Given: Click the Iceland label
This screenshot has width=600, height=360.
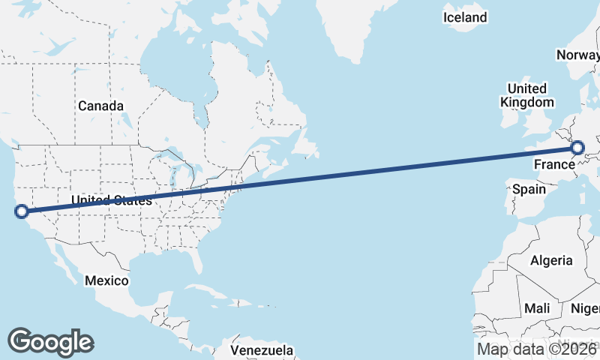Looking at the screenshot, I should pyautogui.click(x=465, y=17).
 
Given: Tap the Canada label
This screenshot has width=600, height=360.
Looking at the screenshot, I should pyautogui.click(x=100, y=106).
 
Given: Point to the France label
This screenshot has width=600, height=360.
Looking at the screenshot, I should pyautogui.click(x=554, y=163).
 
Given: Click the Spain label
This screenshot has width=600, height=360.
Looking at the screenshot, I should pyautogui.click(x=529, y=189).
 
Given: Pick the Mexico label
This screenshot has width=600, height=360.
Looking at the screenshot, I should pyautogui.click(x=106, y=280).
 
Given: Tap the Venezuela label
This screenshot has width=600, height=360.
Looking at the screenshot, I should pyautogui.click(x=262, y=350).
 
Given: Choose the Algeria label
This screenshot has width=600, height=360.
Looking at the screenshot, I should pyautogui.click(x=551, y=261).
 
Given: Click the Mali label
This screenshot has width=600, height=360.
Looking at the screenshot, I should pyautogui.click(x=537, y=308).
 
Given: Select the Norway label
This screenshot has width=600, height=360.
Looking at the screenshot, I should pyautogui.click(x=577, y=55).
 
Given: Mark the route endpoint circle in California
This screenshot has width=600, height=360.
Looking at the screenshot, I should pyautogui.click(x=22, y=211).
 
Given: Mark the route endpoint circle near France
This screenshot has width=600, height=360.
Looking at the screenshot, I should pyautogui.click(x=577, y=148).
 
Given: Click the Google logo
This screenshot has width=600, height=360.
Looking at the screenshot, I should pyautogui.click(x=50, y=341).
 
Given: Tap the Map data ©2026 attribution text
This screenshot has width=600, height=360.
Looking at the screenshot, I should pyautogui.click(x=537, y=349).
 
